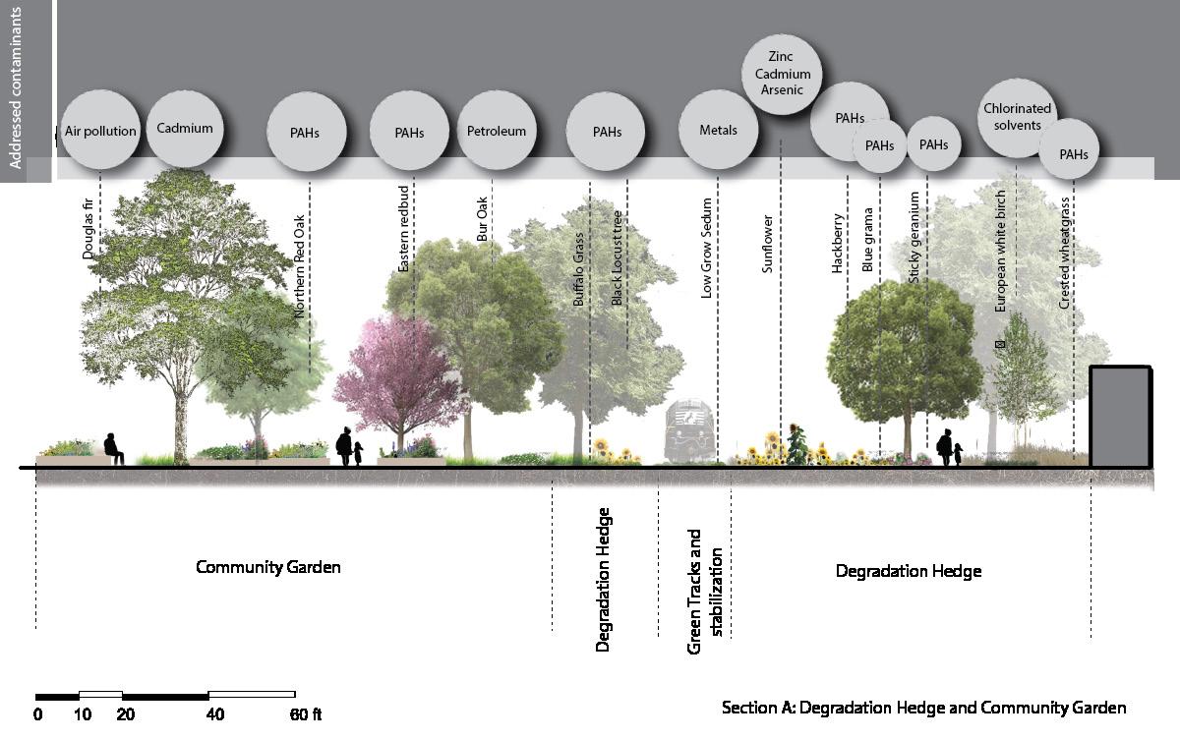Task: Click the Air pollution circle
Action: pos(100,131)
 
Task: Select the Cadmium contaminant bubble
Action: pos(185,129)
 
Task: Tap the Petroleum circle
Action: pos(497,131)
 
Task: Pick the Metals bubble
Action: pos(718,130)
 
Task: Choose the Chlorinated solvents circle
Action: pos(1018,117)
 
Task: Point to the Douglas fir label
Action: pos(88,236)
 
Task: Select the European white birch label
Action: pos(1001,251)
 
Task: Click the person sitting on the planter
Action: pos(113,448)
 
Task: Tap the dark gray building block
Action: pos(1120,416)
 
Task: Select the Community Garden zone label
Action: pos(268,567)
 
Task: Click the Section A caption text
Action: pos(923,708)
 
